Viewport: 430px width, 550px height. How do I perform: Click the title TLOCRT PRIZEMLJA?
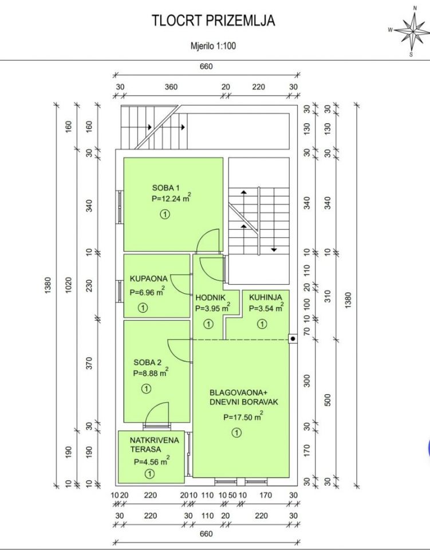(x=213, y=21)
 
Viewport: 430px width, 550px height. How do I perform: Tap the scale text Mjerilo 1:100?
(x=213, y=46)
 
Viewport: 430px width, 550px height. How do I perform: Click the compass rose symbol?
(x=412, y=31)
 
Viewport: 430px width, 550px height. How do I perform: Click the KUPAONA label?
(x=149, y=279)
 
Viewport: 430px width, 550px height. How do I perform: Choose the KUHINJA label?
(x=265, y=297)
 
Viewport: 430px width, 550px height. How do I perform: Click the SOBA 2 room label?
(x=148, y=362)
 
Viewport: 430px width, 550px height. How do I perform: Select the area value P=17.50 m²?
(x=243, y=417)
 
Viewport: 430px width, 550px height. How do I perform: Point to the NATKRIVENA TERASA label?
(x=154, y=445)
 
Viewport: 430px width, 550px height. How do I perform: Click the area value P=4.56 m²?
(x=152, y=461)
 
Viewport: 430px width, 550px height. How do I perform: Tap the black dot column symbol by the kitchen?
(x=293, y=339)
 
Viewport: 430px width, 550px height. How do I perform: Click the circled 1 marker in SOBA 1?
(x=165, y=214)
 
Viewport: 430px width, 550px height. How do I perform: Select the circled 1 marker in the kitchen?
(x=262, y=324)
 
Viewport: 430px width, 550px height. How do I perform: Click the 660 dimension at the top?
(x=206, y=66)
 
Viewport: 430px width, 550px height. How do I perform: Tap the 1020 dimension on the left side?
(x=69, y=285)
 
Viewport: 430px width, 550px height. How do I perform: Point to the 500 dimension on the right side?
(x=328, y=400)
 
